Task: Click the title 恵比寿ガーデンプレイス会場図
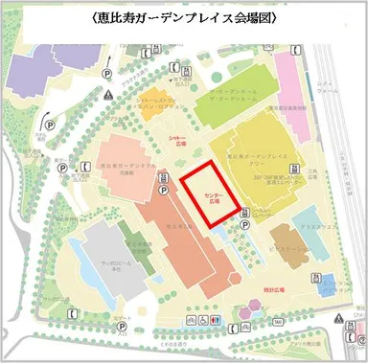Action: pos(185,16)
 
